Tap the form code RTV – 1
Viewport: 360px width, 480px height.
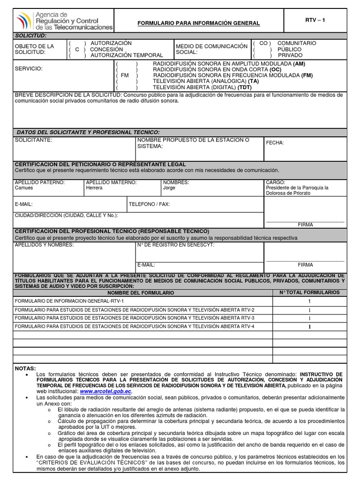click(x=315, y=20)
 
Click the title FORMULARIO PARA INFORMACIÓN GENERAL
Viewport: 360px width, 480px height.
click(x=198, y=23)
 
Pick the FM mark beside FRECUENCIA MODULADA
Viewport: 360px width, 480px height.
click(x=125, y=75)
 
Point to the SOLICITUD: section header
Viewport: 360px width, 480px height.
click(x=31, y=36)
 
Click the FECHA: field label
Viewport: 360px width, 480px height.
click(x=275, y=143)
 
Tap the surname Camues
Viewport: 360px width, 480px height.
click(x=24, y=188)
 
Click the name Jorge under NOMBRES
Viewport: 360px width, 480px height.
click(x=169, y=188)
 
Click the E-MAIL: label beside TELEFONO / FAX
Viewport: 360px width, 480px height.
click(x=24, y=204)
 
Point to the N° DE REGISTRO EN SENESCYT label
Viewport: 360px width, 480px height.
click(x=176, y=245)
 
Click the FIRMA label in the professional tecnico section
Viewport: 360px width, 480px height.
click(x=305, y=265)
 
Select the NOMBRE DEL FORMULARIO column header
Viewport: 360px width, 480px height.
click(x=141, y=292)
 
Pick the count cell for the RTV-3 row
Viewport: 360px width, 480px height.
click(x=309, y=318)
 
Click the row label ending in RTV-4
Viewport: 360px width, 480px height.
click(x=135, y=326)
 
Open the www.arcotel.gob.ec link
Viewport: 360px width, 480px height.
click(x=106, y=391)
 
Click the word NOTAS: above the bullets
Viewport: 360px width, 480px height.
click(x=25, y=368)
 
